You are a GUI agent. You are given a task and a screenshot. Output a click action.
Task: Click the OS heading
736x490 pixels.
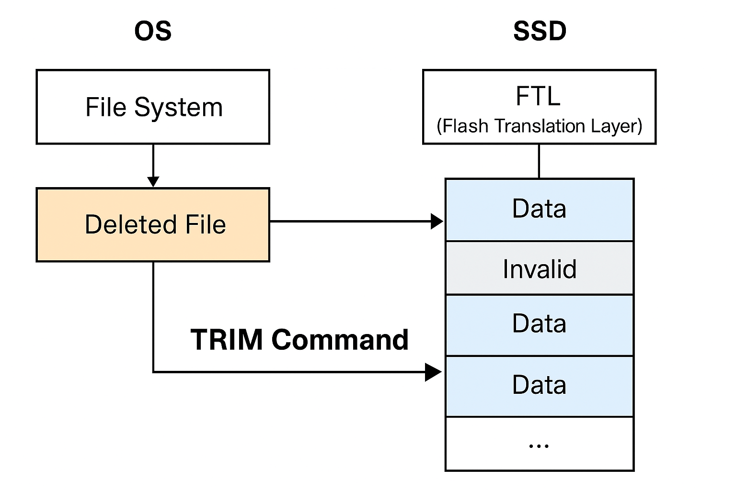[x=153, y=31]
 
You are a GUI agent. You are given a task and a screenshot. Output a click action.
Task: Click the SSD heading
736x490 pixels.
[x=540, y=31]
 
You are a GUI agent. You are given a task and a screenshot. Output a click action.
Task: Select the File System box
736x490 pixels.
[x=153, y=107]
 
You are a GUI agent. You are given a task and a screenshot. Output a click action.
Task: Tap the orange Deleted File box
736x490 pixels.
[x=153, y=224]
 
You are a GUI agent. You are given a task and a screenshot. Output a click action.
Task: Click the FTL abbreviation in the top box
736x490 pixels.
[x=538, y=96]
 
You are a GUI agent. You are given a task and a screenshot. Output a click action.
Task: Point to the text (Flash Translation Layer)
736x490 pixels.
[x=539, y=126]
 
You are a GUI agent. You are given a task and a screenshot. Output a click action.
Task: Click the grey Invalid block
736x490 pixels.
[x=540, y=268]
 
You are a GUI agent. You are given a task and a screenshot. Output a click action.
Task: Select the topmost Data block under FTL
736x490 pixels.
[x=540, y=209]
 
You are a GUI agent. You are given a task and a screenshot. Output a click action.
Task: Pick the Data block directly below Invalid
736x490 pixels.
[x=540, y=324]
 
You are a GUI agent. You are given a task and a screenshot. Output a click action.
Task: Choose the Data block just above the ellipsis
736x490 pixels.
[x=540, y=385]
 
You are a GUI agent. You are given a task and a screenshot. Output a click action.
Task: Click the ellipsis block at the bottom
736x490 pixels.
[x=540, y=444]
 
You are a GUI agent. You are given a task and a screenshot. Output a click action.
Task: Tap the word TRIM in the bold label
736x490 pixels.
[x=227, y=340]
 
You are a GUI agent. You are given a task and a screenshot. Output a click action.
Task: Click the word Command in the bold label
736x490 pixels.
[x=340, y=340]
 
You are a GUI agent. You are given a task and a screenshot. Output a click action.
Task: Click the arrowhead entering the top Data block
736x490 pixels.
[x=437, y=222]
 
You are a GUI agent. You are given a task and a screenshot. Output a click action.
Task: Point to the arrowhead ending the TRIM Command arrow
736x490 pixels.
[x=434, y=372]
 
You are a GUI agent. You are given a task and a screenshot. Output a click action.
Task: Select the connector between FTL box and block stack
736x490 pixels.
[x=539, y=161]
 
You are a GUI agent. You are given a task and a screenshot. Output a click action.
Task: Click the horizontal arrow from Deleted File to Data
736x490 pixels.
[x=350, y=222]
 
